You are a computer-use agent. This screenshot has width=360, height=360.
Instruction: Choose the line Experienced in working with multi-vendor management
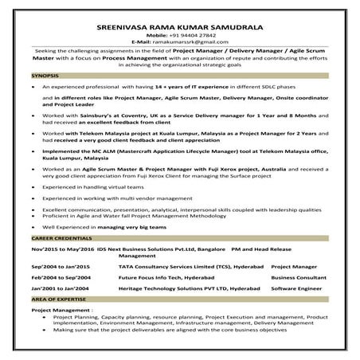click(x=111, y=196)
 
